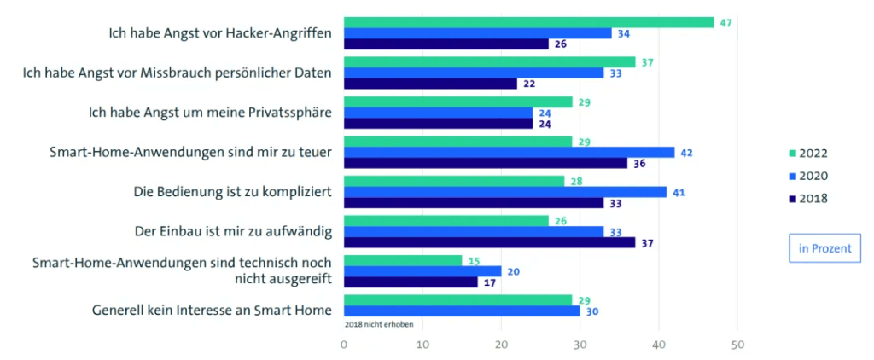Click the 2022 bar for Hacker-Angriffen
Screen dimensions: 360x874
pyautogui.click(x=528, y=22)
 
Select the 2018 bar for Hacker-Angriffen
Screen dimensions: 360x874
pyautogui.click(x=446, y=44)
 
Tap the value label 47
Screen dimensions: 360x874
pyautogui.click(x=726, y=22)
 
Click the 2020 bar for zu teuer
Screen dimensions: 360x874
pyautogui.click(x=509, y=152)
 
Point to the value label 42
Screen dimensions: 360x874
pyautogui.click(x=687, y=152)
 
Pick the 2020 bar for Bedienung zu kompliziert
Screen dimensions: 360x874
pyautogui.click(x=504, y=192)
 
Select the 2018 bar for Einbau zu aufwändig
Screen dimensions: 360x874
pyautogui.click(x=489, y=242)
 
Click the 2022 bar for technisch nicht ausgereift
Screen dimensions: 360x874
pyautogui.click(x=402, y=260)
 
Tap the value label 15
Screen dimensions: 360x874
pyautogui.click(x=475, y=260)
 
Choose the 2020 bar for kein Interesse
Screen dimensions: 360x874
pyautogui.click(x=462, y=311)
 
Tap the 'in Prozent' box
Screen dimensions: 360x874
pyautogui.click(x=824, y=248)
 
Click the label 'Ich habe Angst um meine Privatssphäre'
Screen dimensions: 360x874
pyautogui.click(x=210, y=113)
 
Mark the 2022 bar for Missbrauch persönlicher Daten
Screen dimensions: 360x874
pyautogui.click(x=489, y=62)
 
